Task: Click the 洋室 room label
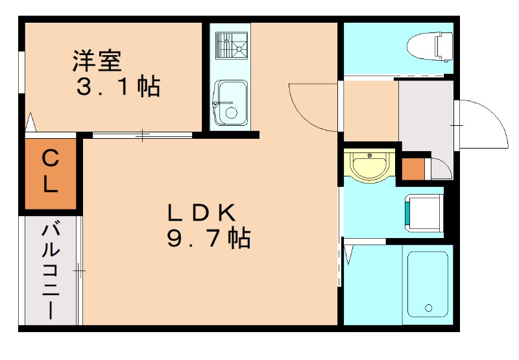pos(97,60)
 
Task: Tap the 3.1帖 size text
pos(119,86)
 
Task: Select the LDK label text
pos(202,212)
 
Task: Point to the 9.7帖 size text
pos(208,237)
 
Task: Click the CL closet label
pos(50,171)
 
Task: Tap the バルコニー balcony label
pos(51,271)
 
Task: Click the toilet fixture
pos(429,47)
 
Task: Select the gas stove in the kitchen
pos(232,45)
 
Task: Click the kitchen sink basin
pos(231,102)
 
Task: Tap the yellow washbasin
pos(369,165)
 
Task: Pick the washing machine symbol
pos(424,214)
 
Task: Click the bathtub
pos(428,284)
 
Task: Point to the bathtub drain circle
pos(428,308)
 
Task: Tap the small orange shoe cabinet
pos(413,169)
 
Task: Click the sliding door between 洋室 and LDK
pos(142,135)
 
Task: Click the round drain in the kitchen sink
pos(231,113)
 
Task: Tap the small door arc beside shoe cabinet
pos(444,165)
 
